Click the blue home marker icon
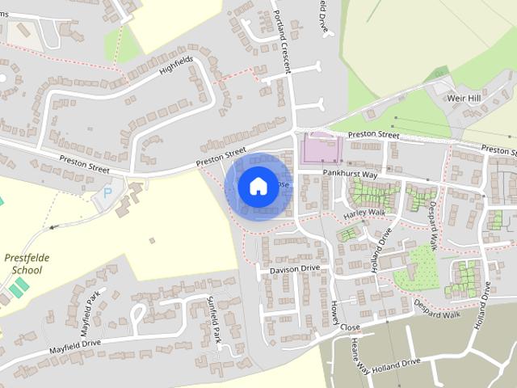click(258, 186)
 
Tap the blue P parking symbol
click(107, 194)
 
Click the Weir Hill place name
click(464, 98)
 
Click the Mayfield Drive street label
click(74, 344)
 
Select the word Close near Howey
click(350, 327)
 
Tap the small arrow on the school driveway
click(52, 227)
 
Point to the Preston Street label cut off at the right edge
click(498, 150)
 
